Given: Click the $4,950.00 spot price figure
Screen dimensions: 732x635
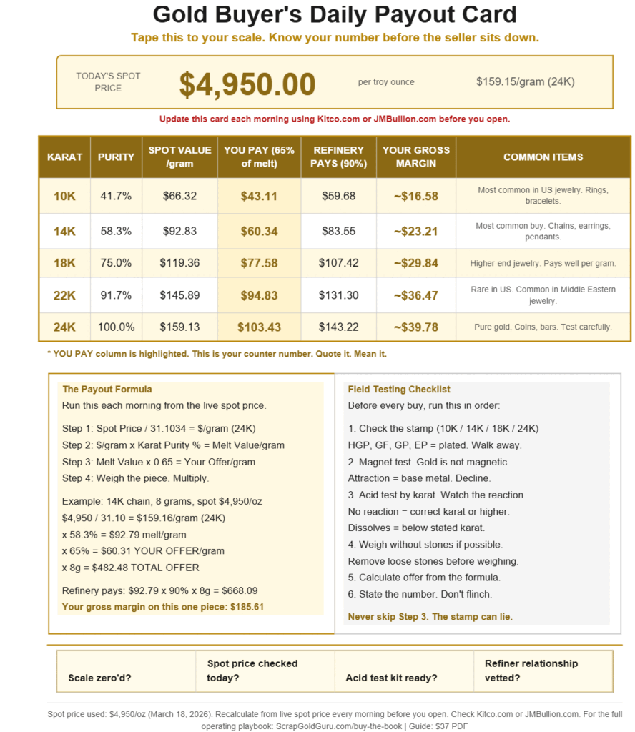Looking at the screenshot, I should (247, 84).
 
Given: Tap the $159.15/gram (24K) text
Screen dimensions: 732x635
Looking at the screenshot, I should (525, 82).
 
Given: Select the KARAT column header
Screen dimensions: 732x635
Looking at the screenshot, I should (64, 157).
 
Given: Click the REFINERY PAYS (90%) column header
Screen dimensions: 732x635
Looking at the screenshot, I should (339, 157).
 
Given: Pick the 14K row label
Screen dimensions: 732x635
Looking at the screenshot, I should (64, 232).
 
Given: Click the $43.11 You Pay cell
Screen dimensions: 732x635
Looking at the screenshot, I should (259, 196).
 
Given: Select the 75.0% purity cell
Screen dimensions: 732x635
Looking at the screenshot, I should (115, 263).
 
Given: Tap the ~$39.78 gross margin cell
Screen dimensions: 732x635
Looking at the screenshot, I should (415, 327).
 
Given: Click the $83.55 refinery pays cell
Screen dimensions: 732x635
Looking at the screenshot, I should (339, 232).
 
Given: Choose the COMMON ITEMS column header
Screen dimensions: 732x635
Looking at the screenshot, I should (543, 157).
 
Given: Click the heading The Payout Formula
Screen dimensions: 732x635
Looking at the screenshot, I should (107, 390).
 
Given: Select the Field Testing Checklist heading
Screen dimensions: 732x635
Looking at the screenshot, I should (399, 390).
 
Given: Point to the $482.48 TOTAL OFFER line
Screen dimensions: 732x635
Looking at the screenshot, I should (131, 568).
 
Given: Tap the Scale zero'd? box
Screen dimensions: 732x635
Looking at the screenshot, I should (100, 678).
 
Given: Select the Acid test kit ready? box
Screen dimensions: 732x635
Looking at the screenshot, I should (391, 678).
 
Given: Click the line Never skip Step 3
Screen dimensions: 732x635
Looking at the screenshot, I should (430, 616).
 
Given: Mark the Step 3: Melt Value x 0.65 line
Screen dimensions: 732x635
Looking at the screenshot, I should (159, 462).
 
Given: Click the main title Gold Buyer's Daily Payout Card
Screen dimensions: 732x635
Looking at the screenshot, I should (335, 14).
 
